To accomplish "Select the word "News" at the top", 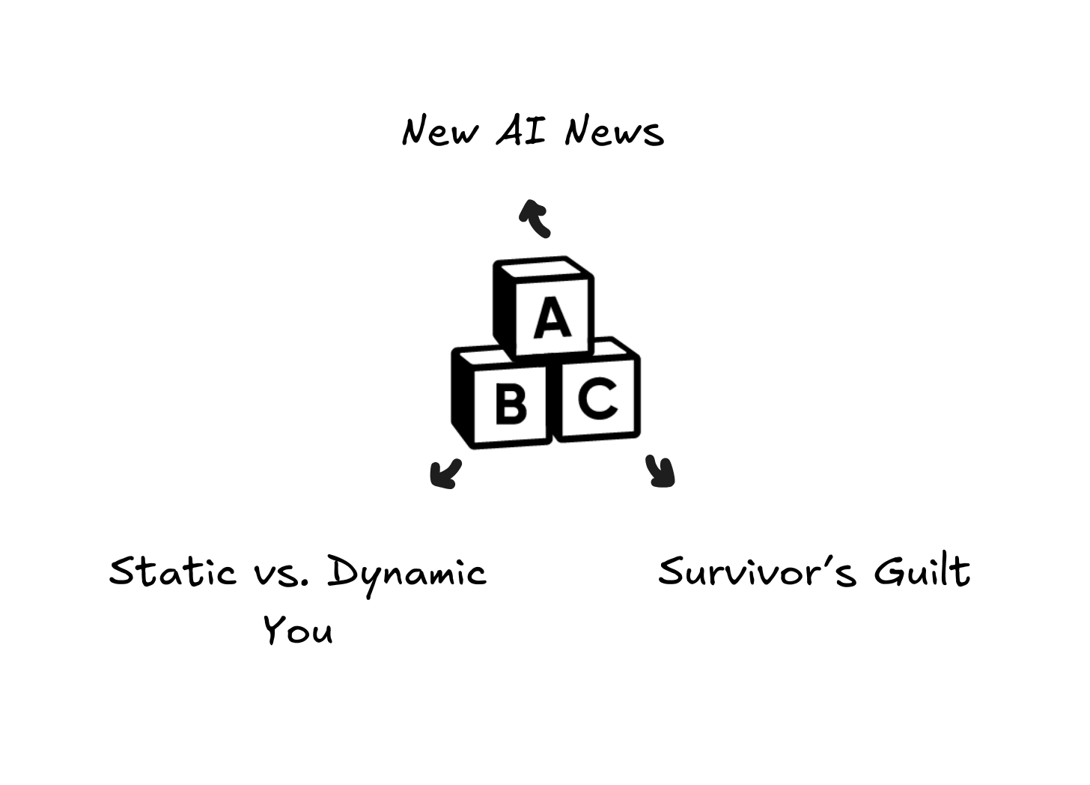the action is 614,132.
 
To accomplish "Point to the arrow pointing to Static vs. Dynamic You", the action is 445,473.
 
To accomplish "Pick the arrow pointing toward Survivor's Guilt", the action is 660,472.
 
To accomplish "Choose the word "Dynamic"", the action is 407,573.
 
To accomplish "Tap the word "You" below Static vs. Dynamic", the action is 298,631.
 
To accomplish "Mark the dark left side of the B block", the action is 463,399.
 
